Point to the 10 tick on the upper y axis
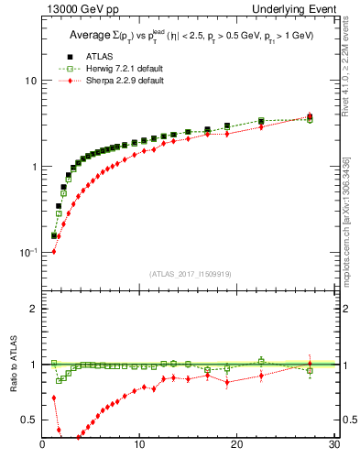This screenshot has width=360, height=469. pyautogui.click(x=29, y=81)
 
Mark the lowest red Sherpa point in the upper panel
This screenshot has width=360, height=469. pyautogui.click(x=53, y=251)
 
